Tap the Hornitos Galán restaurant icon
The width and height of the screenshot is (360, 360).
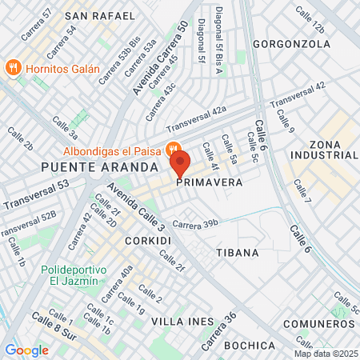(12, 68)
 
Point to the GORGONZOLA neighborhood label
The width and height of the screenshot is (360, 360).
(291, 43)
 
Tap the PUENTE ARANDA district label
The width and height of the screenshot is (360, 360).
(89, 167)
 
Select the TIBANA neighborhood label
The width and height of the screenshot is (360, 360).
(237, 252)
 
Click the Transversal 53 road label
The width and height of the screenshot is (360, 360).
(35, 196)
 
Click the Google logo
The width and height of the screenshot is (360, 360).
(26, 350)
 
